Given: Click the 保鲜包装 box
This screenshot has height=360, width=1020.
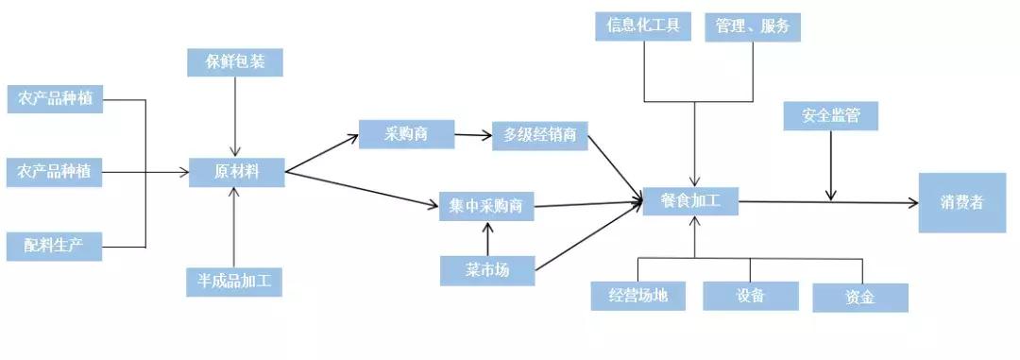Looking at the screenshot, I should tap(235, 63).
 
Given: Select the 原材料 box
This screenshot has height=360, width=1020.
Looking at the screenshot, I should tap(236, 172).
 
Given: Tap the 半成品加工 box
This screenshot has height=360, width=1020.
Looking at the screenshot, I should tap(234, 282).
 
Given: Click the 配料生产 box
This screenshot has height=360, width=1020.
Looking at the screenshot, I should tap(54, 246).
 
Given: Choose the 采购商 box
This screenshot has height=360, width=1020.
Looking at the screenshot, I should tap(406, 134).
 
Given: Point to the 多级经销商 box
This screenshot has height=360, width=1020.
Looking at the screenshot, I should tap(540, 136).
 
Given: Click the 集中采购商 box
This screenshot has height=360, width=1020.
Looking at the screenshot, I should tap(487, 206).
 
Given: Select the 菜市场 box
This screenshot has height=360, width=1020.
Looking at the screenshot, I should tap(487, 271).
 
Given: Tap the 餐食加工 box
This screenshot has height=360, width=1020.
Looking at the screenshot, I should tap(691, 201).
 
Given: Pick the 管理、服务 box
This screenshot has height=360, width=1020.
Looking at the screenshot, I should tap(753, 26).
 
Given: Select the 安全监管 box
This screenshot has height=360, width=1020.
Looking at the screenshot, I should tap(831, 116).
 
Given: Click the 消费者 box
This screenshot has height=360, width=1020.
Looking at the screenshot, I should tap(962, 202).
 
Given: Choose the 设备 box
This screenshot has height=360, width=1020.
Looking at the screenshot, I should tap(751, 296).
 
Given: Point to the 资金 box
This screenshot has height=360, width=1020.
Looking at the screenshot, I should tap(859, 298).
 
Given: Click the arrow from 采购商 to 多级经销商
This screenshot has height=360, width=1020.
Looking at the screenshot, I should tap(473, 135).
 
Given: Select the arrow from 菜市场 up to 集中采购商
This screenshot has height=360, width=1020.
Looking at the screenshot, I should tap(487, 239).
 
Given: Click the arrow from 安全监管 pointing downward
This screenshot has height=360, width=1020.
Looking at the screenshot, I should tap(831, 165).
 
